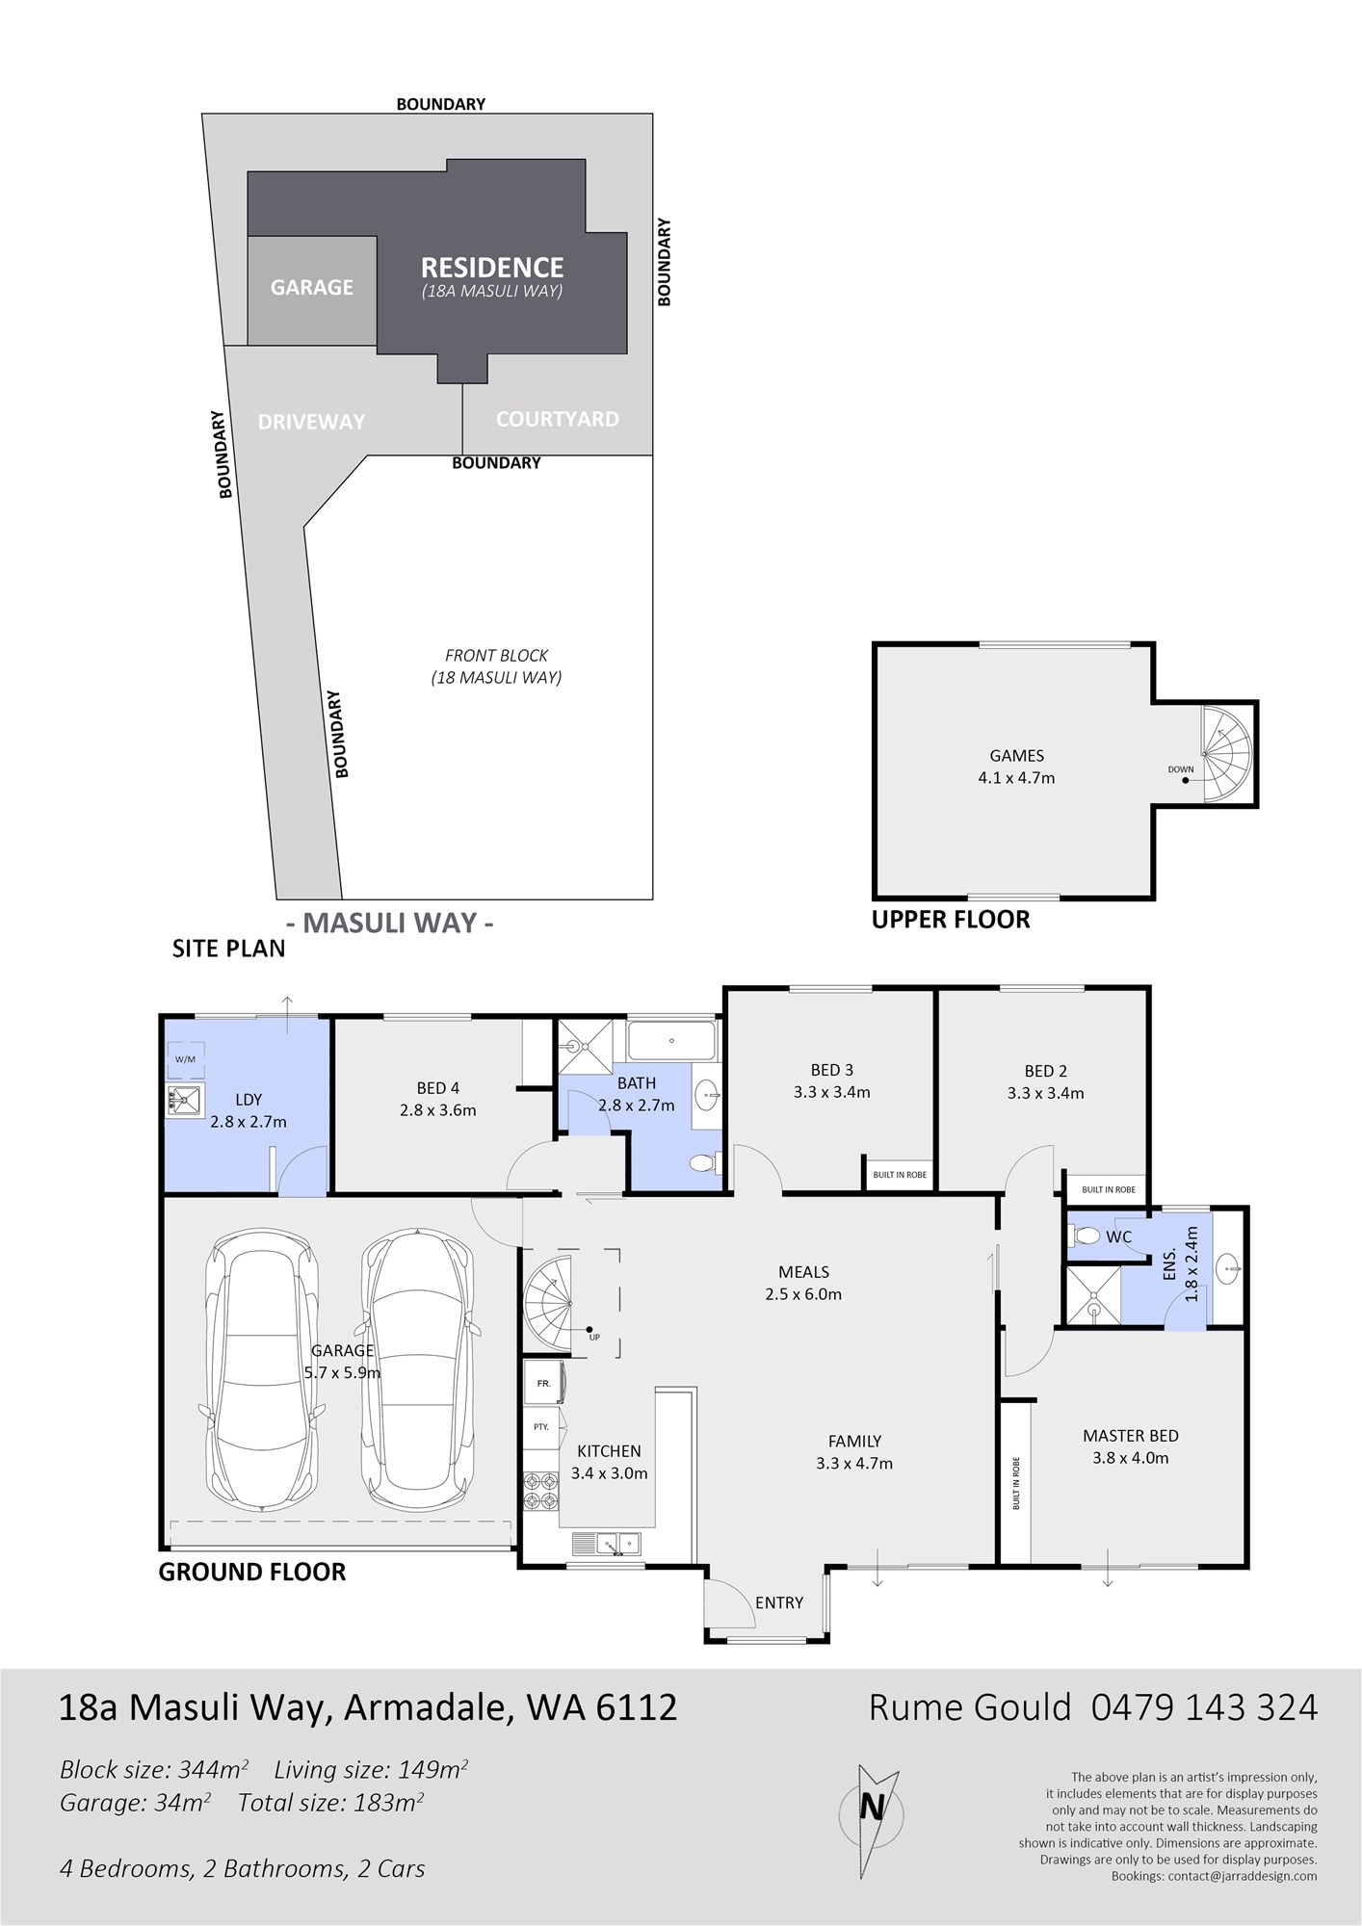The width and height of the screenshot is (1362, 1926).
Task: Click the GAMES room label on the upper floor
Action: click(x=1017, y=756)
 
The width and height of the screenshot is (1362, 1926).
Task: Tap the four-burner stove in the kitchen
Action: click(x=540, y=1491)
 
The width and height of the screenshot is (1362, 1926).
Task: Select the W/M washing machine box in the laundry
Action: click(x=185, y=1059)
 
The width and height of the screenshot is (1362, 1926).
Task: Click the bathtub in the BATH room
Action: click(x=671, y=1041)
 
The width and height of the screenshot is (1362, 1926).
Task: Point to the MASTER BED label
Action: click(x=1130, y=1436)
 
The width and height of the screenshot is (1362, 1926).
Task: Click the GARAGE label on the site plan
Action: click(x=311, y=287)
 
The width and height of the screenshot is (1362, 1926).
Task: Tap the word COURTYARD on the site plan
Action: click(x=557, y=419)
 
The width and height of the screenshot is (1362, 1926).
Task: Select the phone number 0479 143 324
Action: click(x=1204, y=1707)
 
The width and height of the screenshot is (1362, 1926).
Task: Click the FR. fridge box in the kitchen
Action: click(x=544, y=1383)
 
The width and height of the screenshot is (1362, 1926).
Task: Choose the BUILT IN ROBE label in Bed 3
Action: click(x=900, y=1175)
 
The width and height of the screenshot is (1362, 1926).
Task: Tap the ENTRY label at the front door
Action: click(x=779, y=1602)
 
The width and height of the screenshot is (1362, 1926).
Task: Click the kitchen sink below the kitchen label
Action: click(x=607, y=1544)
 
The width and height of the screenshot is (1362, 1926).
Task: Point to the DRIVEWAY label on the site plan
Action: click(x=311, y=422)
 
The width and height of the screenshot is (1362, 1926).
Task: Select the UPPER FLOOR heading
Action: click(x=951, y=920)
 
